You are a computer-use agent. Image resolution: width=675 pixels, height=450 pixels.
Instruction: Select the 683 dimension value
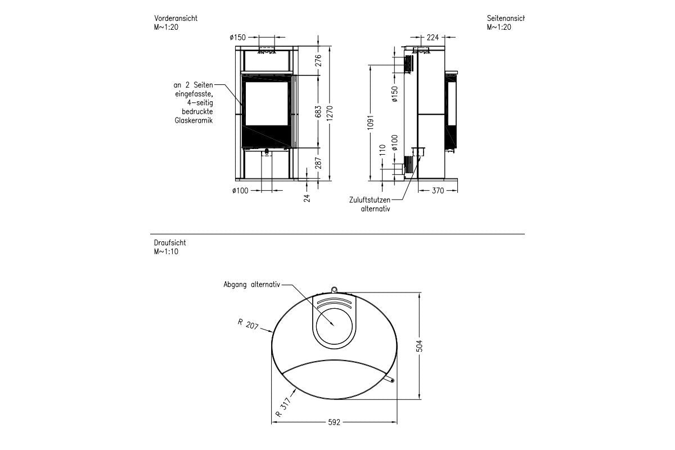click(x=318, y=111)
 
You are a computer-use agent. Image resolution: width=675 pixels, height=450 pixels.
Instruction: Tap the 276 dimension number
click(x=318, y=60)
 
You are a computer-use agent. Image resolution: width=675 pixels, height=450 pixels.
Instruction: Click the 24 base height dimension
click(x=307, y=197)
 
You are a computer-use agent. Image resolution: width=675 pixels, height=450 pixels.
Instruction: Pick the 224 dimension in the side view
click(x=433, y=38)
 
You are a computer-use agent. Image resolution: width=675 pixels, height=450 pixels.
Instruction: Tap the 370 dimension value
click(x=438, y=191)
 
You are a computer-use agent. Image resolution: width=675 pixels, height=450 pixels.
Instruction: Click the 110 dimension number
click(x=382, y=150)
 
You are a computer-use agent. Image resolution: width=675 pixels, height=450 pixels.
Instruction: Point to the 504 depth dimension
click(x=418, y=346)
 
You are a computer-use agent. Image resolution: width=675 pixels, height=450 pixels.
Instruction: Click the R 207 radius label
click(x=247, y=324)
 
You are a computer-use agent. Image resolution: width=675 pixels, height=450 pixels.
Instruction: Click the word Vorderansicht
click(x=175, y=19)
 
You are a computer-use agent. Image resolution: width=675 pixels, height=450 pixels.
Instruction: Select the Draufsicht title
click(x=170, y=243)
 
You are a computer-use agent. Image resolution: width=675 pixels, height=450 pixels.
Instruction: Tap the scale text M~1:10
click(x=166, y=251)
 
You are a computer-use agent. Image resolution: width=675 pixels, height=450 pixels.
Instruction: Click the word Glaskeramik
click(x=193, y=120)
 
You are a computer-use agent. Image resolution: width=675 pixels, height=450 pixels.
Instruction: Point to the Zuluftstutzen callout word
click(x=369, y=200)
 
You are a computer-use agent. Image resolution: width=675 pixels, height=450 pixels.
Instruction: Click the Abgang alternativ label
click(x=251, y=285)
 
